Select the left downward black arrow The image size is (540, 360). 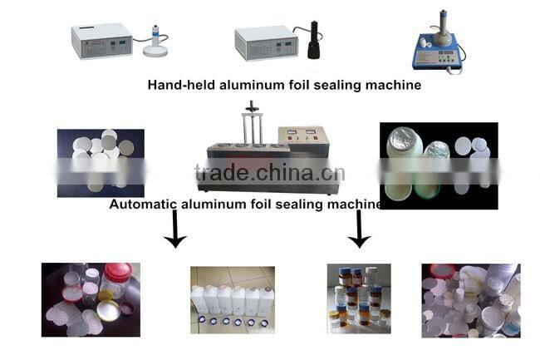pos(174,231)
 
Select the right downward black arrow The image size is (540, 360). pos(358,230)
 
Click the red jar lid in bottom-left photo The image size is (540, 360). pos(116,274)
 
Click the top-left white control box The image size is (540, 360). pos(100,42)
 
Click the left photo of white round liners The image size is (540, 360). pos(100,162)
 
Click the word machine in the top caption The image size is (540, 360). pos(390,85)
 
